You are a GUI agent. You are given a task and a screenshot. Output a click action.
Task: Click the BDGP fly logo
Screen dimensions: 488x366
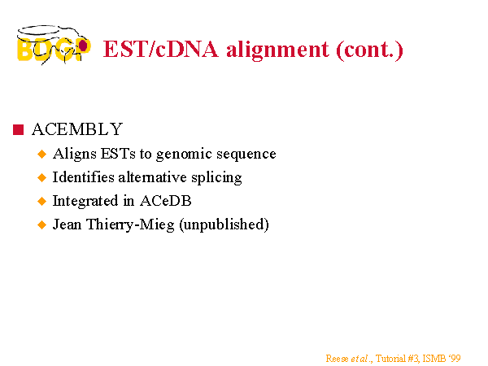click(x=54, y=45)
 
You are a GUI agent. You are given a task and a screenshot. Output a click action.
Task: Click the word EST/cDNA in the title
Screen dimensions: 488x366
click(x=160, y=49)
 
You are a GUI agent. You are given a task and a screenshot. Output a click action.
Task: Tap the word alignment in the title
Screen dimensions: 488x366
click(x=277, y=50)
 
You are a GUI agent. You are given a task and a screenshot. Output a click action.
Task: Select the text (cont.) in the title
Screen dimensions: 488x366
click(x=369, y=50)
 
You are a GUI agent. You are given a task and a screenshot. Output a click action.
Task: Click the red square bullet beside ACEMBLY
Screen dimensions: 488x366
click(x=19, y=129)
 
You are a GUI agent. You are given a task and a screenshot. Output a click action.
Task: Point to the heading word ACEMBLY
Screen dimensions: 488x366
click(x=77, y=129)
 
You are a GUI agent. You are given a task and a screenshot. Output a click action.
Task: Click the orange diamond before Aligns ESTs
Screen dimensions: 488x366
click(x=41, y=154)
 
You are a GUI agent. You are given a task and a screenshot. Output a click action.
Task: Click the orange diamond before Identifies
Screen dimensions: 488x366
click(x=41, y=177)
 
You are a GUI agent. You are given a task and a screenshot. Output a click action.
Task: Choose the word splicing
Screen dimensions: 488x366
click(x=216, y=177)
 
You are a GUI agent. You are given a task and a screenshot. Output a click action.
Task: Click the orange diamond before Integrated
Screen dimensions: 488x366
click(x=41, y=201)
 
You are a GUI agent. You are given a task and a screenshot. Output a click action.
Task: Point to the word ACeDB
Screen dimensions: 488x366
click(x=166, y=201)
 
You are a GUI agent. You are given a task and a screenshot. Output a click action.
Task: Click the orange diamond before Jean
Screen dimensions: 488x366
click(x=41, y=224)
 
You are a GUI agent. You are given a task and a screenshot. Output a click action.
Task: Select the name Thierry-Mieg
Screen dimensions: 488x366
click(x=130, y=224)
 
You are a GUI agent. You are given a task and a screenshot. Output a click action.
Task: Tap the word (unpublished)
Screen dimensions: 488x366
click(x=224, y=224)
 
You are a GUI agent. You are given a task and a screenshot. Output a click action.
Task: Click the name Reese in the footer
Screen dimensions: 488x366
click(x=337, y=359)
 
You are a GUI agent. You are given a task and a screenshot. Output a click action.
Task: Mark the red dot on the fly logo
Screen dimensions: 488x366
click(x=83, y=46)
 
